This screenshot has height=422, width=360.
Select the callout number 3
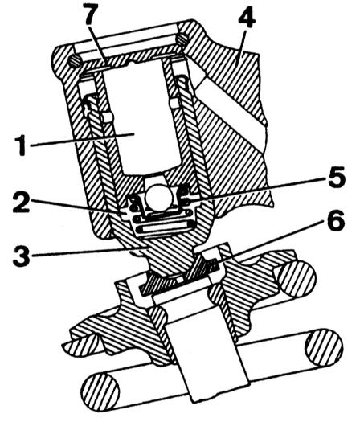click(x=22, y=255)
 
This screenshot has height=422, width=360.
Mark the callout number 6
click(x=336, y=220)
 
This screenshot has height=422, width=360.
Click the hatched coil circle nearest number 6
click(x=297, y=278)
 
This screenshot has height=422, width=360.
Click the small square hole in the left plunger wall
click(x=107, y=117)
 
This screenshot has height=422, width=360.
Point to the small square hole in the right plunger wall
click(x=174, y=102)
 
